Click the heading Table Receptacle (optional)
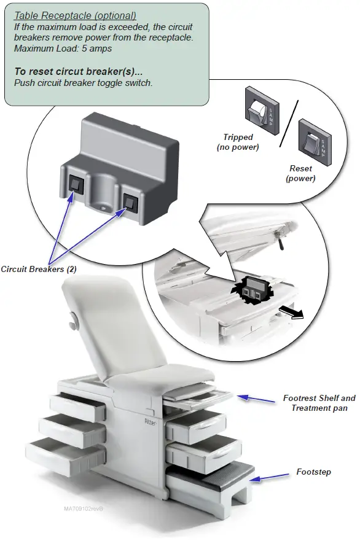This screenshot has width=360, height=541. point(75,15)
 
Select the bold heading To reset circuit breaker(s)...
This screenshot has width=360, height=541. point(78,72)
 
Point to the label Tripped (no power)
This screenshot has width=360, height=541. point(238,142)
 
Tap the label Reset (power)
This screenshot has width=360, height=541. point(301,173)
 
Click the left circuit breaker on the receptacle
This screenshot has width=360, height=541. point(75,182)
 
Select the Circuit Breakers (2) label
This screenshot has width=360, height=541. point(39,269)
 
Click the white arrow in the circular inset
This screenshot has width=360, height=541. point(292,313)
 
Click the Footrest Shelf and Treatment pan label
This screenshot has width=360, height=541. point(319,403)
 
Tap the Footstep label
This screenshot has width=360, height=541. point(313,472)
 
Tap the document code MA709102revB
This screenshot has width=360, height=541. point(84,508)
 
